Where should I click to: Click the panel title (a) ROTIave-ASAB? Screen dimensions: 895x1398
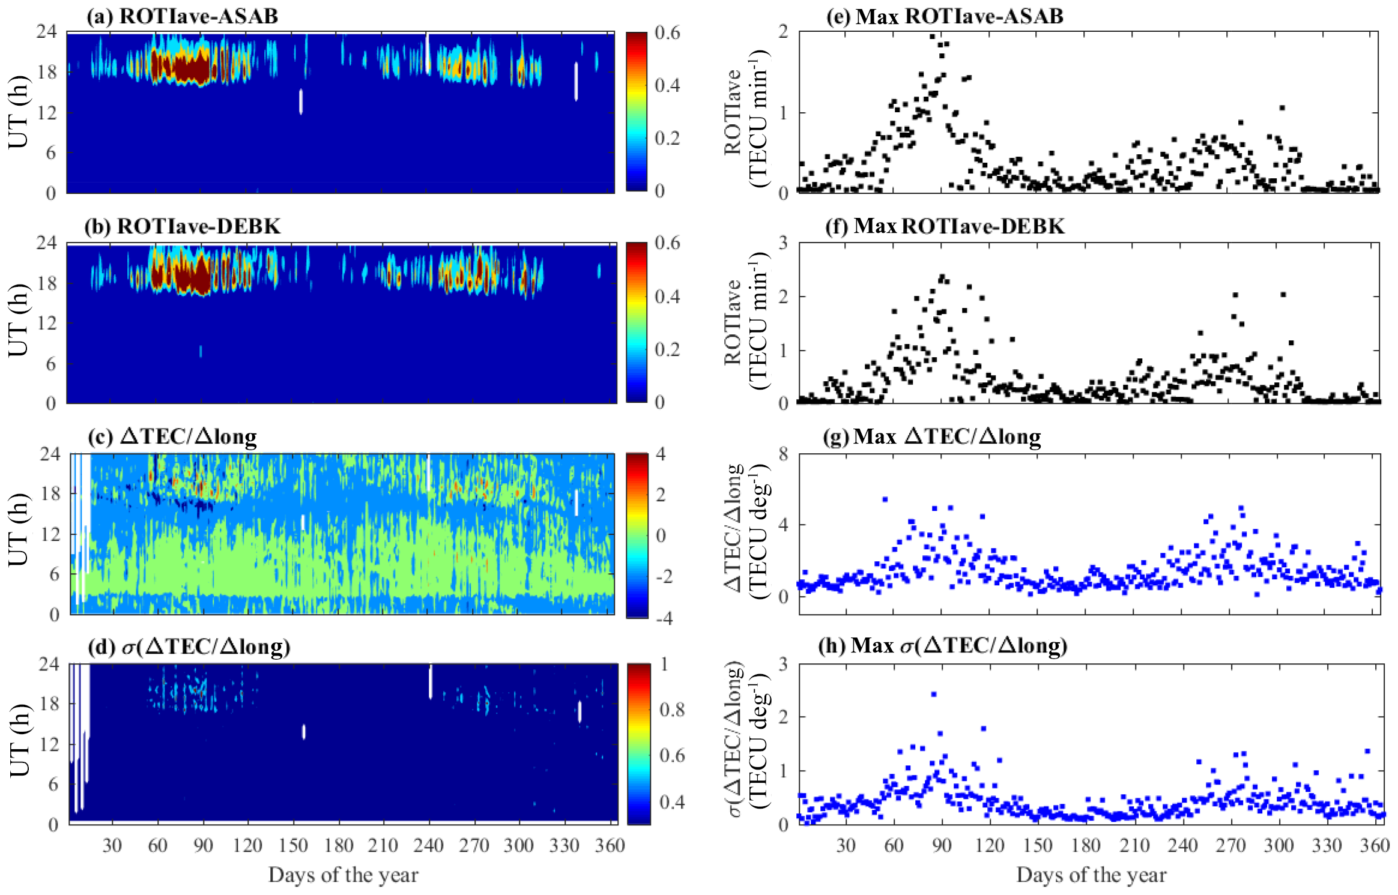point(182,16)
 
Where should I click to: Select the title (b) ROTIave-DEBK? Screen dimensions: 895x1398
point(182,226)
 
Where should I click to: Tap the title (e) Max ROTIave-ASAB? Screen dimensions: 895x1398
point(945,16)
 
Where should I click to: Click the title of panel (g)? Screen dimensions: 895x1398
point(931,436)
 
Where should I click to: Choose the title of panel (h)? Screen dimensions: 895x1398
point(943,646)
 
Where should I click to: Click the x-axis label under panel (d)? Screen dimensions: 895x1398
point(343,875)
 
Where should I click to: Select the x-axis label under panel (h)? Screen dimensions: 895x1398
point(1091,875)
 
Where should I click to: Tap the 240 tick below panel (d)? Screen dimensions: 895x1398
point(428,845)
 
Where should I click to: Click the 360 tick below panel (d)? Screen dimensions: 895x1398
point(610,845)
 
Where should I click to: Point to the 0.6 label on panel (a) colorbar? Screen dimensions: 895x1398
point(667,33)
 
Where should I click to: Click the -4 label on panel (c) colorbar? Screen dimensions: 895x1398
point(664,618)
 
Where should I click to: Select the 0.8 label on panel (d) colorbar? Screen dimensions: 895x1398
point(672,710)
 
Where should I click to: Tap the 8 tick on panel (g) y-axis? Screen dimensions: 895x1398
point(783,454)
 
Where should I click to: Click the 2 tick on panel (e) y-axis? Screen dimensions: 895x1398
point(783,32)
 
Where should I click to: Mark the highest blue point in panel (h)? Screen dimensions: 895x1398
point(933,695)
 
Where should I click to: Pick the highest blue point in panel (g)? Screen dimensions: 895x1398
point(885,499)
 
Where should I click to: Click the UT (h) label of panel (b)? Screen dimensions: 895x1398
point(19,320)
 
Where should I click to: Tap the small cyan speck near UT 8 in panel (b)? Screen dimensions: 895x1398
point(201,351)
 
